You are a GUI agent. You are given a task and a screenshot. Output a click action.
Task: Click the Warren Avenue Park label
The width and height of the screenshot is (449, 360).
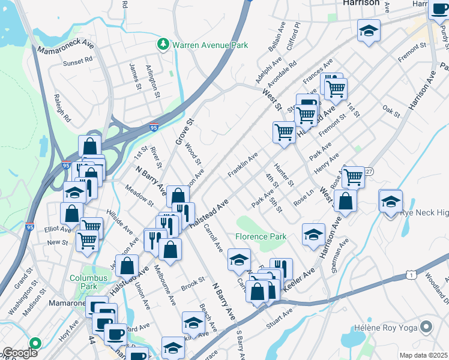coord(210,45)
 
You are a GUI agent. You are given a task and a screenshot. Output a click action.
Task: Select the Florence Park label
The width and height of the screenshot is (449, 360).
coord(261,236)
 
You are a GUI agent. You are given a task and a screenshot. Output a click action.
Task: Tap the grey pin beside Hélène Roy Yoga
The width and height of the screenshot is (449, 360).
coord(426,328)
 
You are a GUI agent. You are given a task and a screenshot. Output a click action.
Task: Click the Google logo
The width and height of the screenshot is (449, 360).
coord(20,353)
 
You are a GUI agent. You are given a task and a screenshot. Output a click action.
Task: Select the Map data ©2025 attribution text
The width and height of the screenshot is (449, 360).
coord(423,355)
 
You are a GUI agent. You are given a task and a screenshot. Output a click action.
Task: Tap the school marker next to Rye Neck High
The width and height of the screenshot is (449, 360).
coord(390,201)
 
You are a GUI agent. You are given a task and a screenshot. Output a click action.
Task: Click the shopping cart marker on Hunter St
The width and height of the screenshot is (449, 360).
coord(283,132)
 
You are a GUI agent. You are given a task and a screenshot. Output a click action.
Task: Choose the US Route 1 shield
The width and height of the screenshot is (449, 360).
coord(411,274)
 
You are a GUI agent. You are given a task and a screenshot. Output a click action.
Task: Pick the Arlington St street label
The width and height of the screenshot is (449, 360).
coord(152,82)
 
